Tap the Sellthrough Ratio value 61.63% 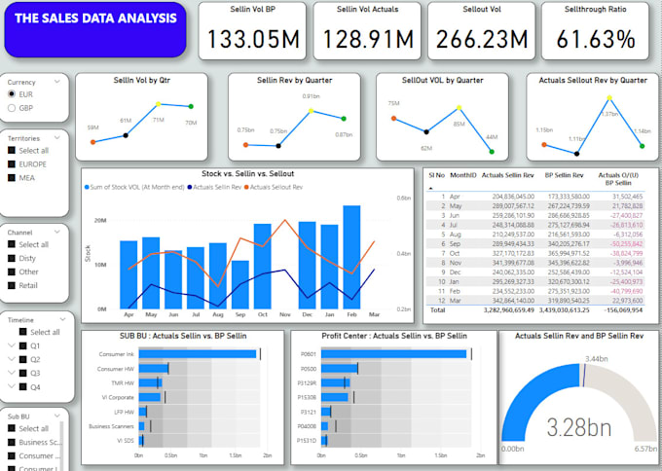(x=597, y=40)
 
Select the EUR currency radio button (x=12, y=94)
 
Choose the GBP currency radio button (x=12, y=108)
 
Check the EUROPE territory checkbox (x=12, y=164)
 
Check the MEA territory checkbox (x=12, y=178)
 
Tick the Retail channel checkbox (x=12, y=286)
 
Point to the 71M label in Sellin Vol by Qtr (x=158, y=120)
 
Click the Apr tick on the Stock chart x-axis (x=129, y=315)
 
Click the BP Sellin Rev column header (x=564, y=175)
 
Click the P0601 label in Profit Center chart (x=309, y=353)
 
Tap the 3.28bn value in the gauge (x=579, y=426)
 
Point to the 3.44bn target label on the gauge (x=570, y=360)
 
